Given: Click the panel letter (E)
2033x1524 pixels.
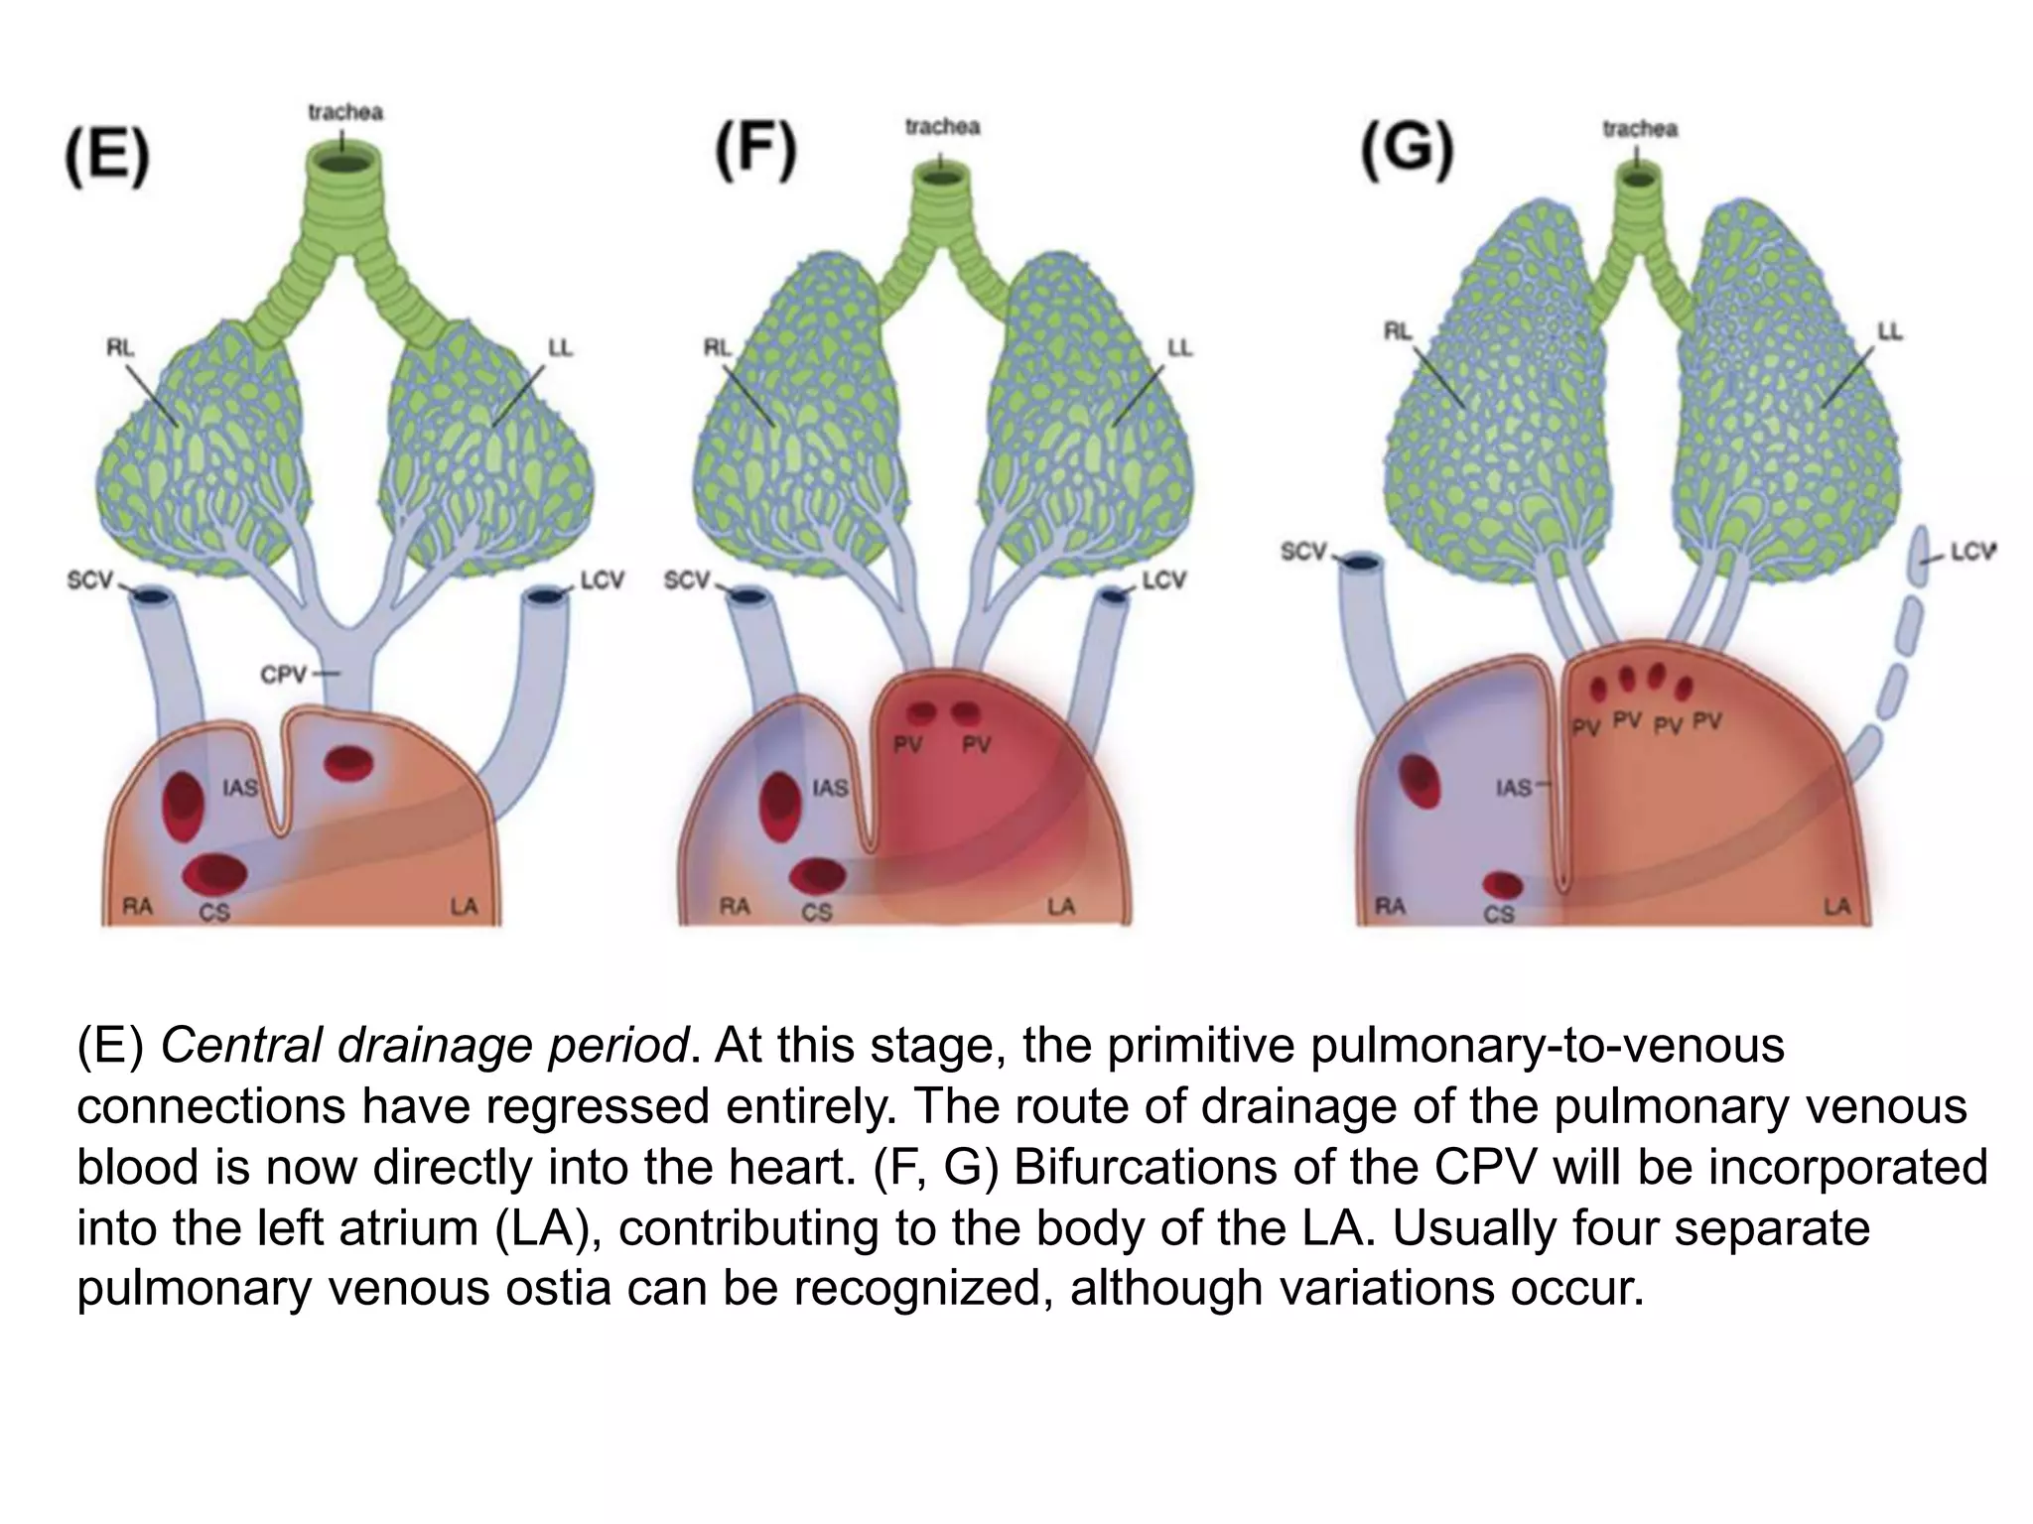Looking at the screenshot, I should pos(107,160).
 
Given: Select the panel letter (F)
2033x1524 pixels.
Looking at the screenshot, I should pos(755,153).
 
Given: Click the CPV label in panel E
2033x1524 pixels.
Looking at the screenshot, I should pos(285,675).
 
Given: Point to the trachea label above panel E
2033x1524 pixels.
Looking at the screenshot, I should pos(344,112).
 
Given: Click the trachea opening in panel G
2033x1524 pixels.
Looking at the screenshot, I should pos(1639,180).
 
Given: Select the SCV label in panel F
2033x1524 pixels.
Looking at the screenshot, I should pos(687,579).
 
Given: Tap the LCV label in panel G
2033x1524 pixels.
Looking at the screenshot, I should pos(1972,552).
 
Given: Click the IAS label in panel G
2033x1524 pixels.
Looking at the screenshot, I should pos(1514,788).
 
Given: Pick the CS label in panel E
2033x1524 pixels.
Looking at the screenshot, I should pos(215,911).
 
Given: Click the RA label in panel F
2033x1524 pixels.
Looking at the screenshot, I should pos(735,907).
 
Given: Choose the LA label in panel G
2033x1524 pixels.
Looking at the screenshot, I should pos(1837,907).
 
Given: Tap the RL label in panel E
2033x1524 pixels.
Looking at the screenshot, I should pos(121,347).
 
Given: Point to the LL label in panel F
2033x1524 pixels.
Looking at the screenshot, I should pos(1178,347).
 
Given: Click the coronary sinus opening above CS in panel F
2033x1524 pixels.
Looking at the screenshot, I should pos(819,875).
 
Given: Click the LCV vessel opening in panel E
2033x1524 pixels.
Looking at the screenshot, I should pos(545,596).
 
